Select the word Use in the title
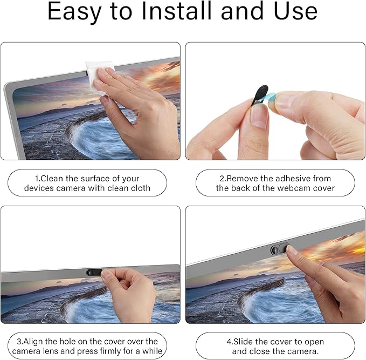click(x=296, y=11)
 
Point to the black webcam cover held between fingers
click(x=260, y=96)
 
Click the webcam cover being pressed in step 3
click(x=94, y=273)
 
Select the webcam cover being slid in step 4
click(x=280, y=249)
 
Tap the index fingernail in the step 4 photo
click(x=292, y=250)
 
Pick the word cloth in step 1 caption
click(x=140, y=188)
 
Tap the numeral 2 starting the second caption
click(x=222, y=179)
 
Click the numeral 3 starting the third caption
click(x=19, y=342)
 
